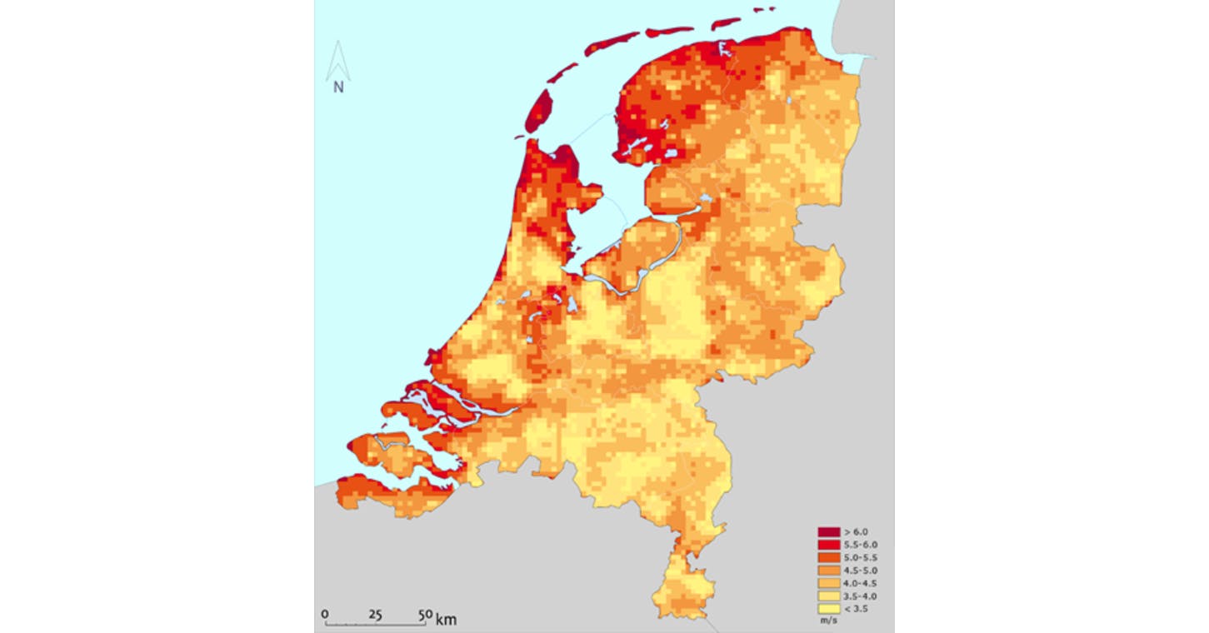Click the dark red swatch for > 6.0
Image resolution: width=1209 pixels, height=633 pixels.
tap(827, 531)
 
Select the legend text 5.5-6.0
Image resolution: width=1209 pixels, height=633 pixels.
tap(860, 544)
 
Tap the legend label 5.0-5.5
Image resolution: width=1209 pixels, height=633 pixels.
tap(860, 557)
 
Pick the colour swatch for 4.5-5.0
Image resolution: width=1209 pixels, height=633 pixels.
tap(827, 571)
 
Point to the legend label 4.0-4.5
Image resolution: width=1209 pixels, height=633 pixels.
tap(860, 584)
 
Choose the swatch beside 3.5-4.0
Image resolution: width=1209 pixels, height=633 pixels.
tap(827, 597)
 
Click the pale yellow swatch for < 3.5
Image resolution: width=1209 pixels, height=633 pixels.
tap(827, 610)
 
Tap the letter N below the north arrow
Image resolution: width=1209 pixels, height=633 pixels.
tap(338, 87)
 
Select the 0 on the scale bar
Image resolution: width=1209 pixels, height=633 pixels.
tap(325, 615)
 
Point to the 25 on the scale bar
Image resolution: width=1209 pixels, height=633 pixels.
tap(375, 615)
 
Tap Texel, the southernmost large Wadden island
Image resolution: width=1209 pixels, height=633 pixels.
tap(541, 112)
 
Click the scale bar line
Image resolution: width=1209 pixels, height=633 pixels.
tap(375, 625)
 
